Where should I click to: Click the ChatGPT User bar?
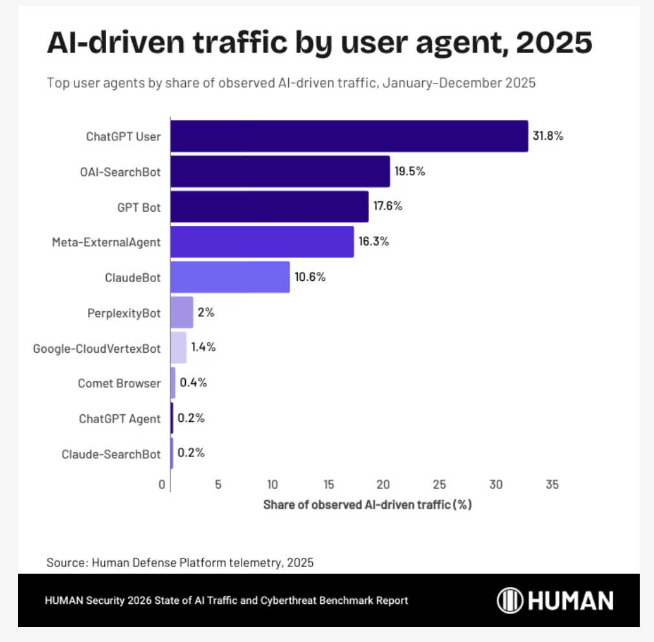pos(349,136)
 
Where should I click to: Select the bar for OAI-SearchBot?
pos(280,172)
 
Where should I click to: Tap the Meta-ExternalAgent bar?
pos(262,241)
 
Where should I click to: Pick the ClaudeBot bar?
pos(230,277)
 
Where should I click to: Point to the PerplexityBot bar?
pos(182,313)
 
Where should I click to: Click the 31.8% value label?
pos(548,136)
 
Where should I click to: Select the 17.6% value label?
pos(387,206)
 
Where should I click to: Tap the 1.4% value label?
pos(203,347)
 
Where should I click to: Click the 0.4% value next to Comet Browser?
pos(193,382)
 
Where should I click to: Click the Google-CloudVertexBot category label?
pos(96,348)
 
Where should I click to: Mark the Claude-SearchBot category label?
pos(111,454)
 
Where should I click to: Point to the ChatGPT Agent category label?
pos(119,419)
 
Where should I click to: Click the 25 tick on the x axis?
pos(440,484)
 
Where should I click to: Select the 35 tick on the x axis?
pos(552,484)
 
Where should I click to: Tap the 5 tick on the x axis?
pos(218,484)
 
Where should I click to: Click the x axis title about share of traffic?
pos(367,505)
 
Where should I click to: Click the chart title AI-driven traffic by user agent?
pos(319,43)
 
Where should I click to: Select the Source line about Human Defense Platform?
pos(180,562)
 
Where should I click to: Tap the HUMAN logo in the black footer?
pos(555,601)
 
